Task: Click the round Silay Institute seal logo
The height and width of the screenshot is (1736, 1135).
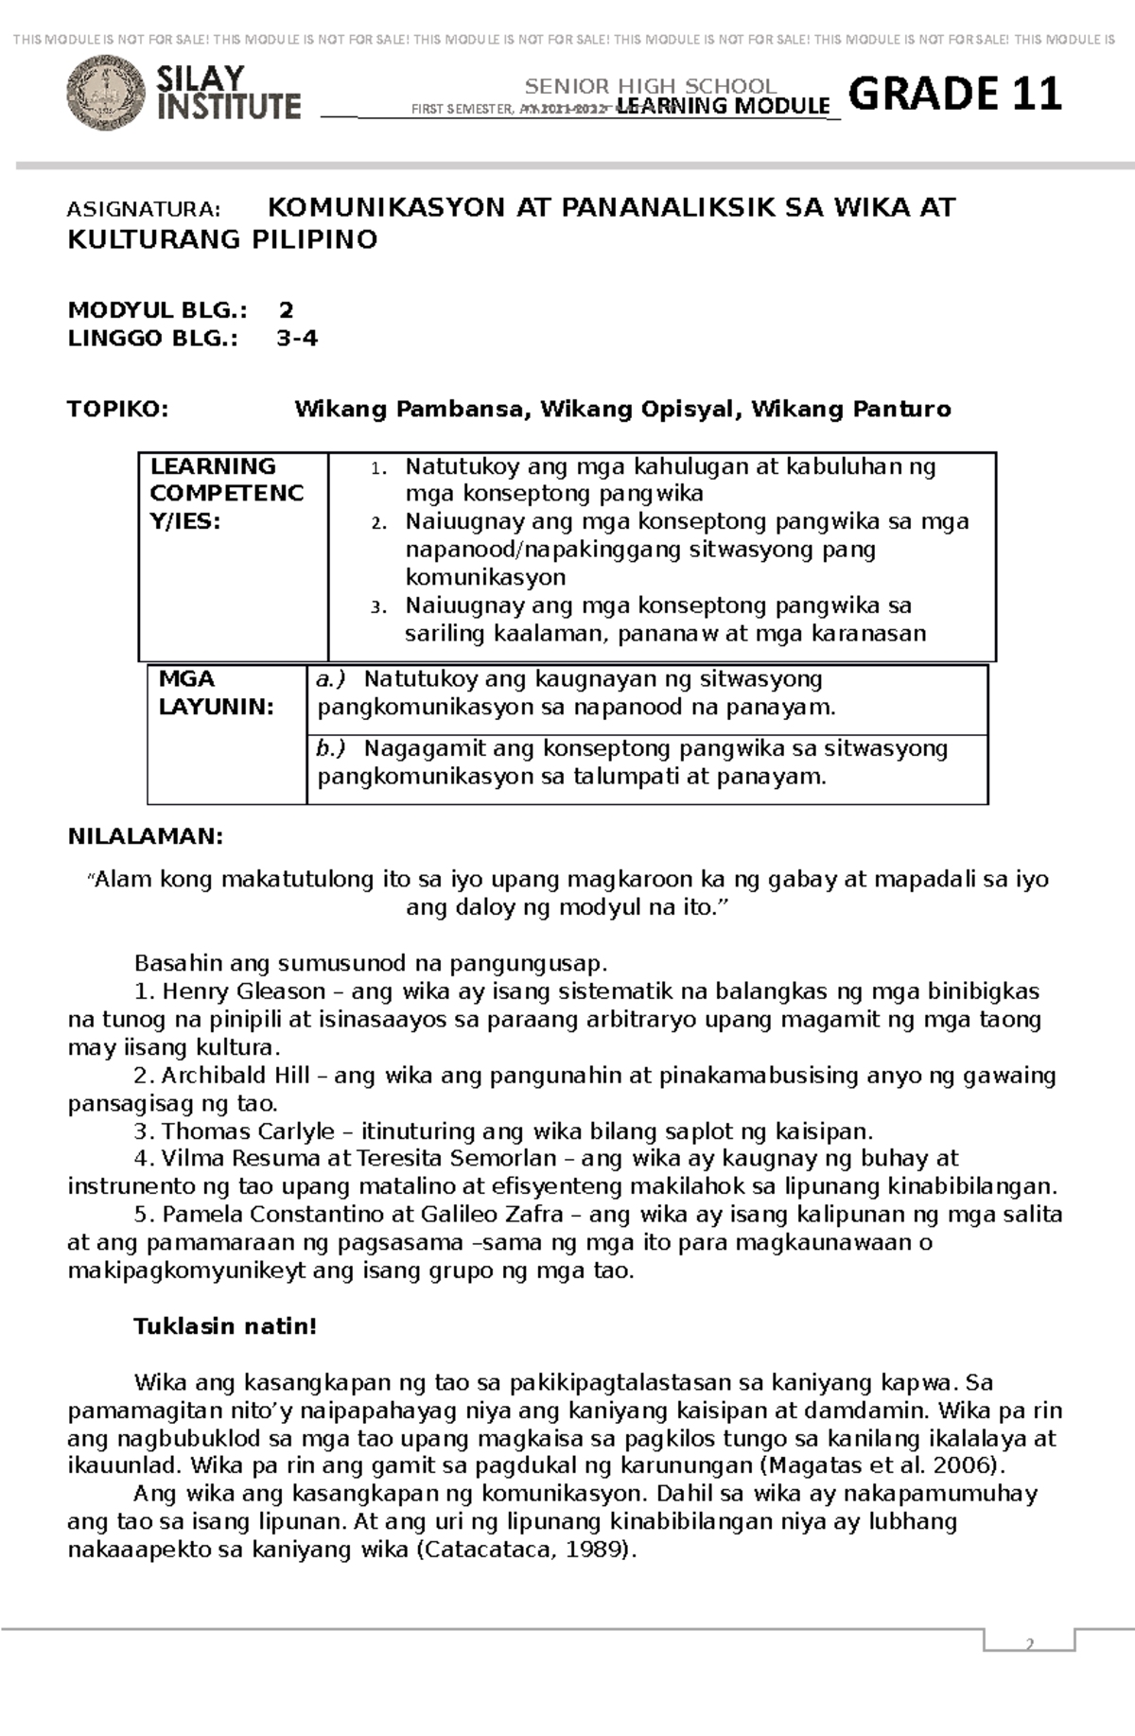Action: [106, 93]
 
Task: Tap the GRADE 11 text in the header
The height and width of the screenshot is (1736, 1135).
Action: [955, 94]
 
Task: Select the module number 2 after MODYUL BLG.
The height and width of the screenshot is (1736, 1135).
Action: [286, 310]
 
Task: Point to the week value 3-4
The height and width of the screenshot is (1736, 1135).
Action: [297, 339]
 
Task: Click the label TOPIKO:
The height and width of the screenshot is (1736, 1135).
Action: [118, 410]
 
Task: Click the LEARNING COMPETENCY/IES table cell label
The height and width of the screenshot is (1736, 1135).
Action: [227, 493]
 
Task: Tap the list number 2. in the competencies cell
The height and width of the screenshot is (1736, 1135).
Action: [378, 523]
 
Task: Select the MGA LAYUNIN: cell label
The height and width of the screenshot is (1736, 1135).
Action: [216, 693]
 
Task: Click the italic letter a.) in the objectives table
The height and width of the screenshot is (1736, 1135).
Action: [332, 679]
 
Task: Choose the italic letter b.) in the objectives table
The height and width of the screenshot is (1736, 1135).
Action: [332, 749]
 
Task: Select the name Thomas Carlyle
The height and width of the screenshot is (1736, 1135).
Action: [248, 1131]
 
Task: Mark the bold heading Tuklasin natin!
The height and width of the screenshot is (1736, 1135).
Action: [225, 1326]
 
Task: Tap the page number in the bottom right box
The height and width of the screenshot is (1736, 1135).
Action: [1029, 1644]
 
